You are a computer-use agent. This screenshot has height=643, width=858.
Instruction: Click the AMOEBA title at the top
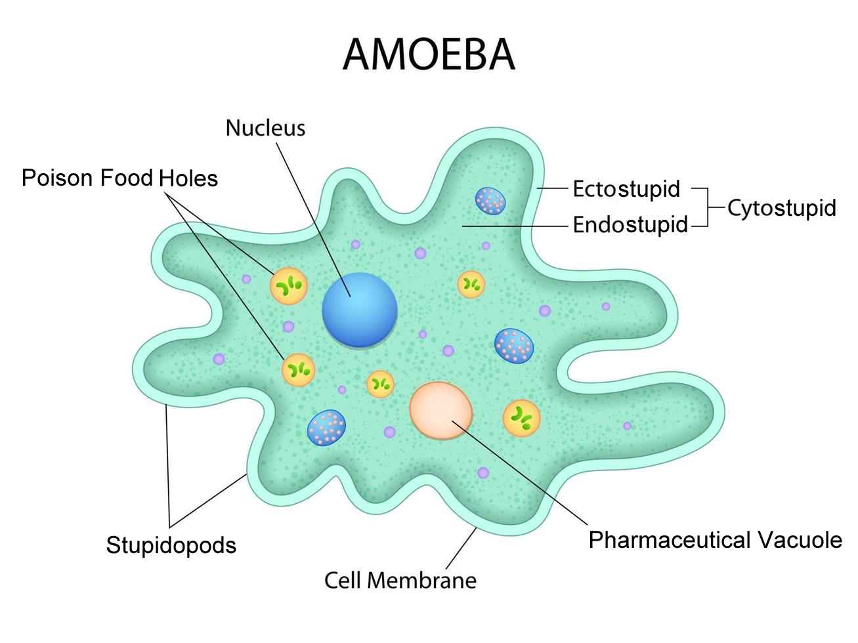tap(429, 54)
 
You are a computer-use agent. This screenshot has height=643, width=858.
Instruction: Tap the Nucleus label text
tap(265, 128)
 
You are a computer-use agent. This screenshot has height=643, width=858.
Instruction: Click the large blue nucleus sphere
tap(360, 309)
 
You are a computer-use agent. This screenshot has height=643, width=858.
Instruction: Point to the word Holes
tap(189, 178)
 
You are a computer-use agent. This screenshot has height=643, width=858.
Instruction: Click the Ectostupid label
tap(626, 189)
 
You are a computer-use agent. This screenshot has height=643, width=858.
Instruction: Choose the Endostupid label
tap(630, 225)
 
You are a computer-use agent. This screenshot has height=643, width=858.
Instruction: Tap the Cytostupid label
tap(781, 208)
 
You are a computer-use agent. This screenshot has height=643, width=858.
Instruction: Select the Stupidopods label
tap(171, 545)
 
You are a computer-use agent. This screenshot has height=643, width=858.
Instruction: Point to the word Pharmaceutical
tap(670, 540)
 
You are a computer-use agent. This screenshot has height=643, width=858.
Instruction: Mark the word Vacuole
tap(800, 540)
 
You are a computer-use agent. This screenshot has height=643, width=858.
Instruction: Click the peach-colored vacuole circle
tap(441, 410)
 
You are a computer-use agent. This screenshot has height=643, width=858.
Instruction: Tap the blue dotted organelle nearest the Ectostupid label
tap(490, 201)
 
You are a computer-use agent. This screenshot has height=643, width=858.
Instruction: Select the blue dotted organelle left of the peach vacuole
tap(326, 428)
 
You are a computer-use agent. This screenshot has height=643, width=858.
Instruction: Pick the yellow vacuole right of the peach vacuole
tap(521, 418)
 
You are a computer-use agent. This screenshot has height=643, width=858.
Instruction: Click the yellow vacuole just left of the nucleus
tap(288, 285)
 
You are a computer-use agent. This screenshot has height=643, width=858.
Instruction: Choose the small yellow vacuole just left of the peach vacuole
tap(380, 383)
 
